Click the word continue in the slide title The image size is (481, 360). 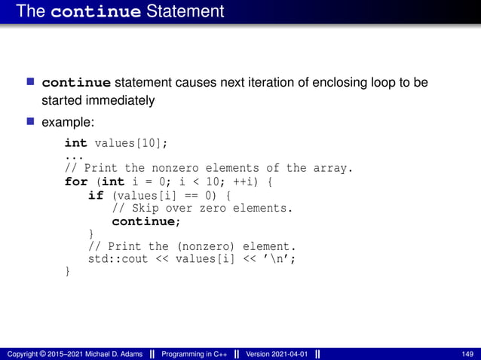point(97,12)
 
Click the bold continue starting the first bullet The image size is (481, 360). point(76,82)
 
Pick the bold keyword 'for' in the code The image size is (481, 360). point(76,182)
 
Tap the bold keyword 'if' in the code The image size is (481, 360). point(95,195)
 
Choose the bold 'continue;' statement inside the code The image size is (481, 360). point(147,221)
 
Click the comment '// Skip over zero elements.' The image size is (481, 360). point(201,208)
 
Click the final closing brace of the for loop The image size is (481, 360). point(68,272)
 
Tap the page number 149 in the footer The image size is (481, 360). point(467,353)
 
